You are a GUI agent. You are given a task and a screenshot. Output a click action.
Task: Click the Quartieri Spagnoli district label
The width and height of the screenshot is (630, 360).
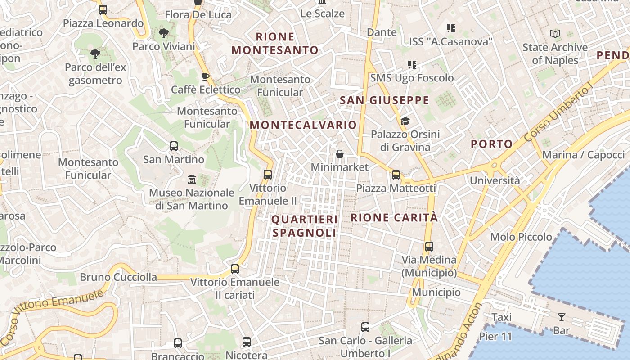(x=305, y=226)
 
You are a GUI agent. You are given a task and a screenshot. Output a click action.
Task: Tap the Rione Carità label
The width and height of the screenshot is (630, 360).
(x=394, y=218)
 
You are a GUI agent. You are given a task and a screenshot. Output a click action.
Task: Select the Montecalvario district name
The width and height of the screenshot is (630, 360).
(x=303, y=125)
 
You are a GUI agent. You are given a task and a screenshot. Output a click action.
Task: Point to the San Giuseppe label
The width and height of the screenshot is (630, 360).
(x=384, y=100)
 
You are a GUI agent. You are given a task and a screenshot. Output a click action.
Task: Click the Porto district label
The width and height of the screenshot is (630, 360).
(x=491, y=144)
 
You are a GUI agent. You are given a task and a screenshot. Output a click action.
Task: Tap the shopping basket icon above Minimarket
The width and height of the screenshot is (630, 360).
(x=340, y=154)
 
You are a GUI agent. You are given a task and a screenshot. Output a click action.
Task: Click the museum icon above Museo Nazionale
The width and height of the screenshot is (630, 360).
(x=192, y=179)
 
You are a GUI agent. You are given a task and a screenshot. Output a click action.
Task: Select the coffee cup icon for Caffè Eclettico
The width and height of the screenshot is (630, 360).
(x=206, y=76)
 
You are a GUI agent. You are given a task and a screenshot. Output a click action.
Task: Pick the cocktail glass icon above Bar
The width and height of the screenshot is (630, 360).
(x=561, y=317)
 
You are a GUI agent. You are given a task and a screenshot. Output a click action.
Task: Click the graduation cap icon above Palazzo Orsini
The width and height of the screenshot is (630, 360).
(x=405, y=121)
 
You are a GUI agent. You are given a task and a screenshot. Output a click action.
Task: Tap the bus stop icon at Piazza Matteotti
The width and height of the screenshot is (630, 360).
(x=396, y=175)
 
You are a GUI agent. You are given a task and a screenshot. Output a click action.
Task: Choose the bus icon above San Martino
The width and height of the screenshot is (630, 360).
(x=174, y=146)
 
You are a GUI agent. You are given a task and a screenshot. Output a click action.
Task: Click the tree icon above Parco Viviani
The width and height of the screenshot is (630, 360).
(x=164, y=33)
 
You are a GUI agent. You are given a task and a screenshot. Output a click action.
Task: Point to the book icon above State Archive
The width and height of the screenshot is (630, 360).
(x=555, y=34)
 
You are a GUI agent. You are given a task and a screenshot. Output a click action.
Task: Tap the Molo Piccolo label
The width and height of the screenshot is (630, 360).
(x=521, y=237)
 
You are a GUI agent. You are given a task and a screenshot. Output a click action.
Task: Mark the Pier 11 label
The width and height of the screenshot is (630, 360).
(x=495, y=336)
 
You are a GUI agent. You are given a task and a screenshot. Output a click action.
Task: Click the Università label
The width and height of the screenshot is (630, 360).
(x=495, y=181)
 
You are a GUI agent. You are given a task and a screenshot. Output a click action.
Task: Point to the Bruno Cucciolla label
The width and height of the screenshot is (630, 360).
(x=118, y=277)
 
